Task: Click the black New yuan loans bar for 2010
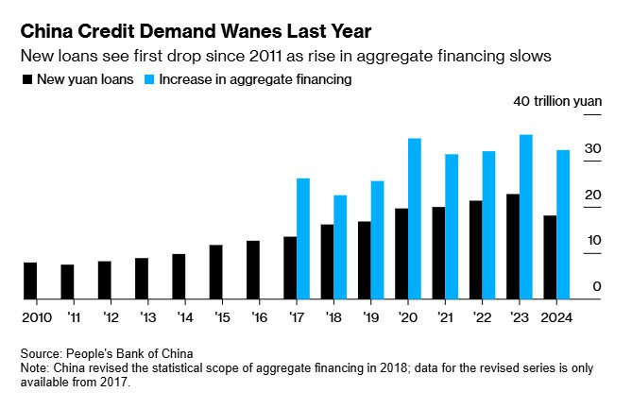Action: tap(30, 281)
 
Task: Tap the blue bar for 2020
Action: tap(415, 218)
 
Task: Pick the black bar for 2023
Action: tap(513, 247)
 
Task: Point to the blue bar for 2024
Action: tap(563, 224)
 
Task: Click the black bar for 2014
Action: tap(179, 276)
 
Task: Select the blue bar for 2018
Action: tap(340, 247)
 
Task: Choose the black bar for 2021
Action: tap(438, 252)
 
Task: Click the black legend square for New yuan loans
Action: tap(26, 80)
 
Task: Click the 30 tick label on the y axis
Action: tap(591, 148)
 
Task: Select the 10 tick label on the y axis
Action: tap(591, 240)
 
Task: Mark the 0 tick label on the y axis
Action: tap(596, 286)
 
